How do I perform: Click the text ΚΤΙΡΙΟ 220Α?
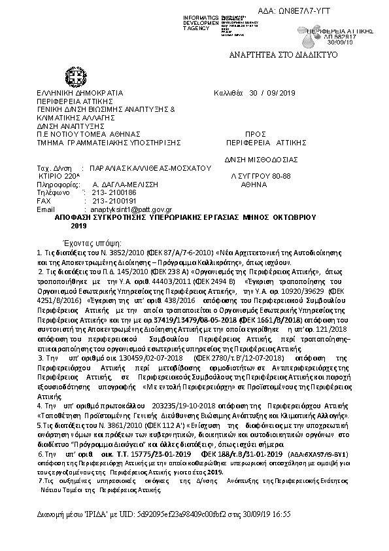click(59, 177)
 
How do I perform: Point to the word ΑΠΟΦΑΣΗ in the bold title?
click(73, 217)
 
